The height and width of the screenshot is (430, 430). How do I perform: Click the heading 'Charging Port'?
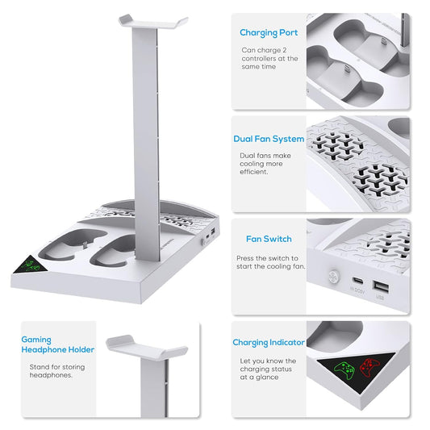pos(269,33)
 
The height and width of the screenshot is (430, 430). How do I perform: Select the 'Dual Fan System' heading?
pos(269,139)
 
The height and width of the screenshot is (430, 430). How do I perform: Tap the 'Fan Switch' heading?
pos(269,239)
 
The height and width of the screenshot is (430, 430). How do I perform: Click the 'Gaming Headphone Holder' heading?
pos(57,345)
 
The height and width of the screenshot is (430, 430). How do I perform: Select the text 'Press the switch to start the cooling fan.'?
pos(270,261)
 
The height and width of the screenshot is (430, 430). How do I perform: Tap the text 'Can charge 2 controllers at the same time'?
pos(269,58)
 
